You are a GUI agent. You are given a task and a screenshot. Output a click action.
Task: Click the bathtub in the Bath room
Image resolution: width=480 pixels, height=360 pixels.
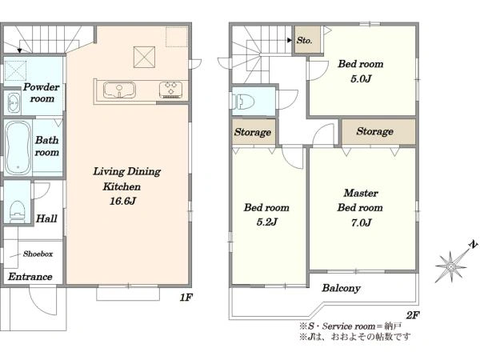tap(18, 148)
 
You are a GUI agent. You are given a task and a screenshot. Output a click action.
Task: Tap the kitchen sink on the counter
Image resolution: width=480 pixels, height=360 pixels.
tap(119, 90)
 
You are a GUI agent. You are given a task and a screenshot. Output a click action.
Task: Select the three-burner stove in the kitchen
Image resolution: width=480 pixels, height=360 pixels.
tap(171, 90)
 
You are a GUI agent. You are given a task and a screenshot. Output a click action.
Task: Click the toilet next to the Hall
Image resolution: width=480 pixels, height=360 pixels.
tap(17, 211)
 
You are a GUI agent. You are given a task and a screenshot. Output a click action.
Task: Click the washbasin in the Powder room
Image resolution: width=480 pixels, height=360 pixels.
tap(13, 102)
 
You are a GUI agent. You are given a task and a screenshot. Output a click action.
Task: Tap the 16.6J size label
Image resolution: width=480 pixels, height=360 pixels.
tap(122, 201)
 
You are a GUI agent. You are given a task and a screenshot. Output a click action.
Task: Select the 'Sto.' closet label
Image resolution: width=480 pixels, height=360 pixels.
tap(304, 40)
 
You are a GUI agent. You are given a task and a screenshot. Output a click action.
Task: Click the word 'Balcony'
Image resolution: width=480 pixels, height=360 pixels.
tap(341, 288)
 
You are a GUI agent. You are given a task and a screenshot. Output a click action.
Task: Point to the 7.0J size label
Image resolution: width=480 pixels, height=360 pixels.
tap(362, 222)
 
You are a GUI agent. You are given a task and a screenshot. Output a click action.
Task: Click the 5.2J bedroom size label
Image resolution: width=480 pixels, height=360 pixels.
tap(267, 222)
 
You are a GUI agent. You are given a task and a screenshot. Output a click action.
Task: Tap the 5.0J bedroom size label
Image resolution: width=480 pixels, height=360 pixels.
tap(361, 78)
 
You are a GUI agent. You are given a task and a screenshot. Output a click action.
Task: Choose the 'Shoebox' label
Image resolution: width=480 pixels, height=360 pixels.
tap(38, 254)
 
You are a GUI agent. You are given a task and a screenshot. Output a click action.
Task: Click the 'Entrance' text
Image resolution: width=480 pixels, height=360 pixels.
tap(30, 277)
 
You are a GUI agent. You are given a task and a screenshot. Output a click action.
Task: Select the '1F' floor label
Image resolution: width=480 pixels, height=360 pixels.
tap(186, 297)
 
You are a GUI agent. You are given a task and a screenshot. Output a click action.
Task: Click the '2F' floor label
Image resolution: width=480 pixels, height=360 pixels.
tap(413, 314)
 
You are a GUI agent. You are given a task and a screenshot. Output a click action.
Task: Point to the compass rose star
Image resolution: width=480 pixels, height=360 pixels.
tap(451, 267)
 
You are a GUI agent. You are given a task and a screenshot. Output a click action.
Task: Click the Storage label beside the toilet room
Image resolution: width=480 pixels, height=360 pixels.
tap(253, 132)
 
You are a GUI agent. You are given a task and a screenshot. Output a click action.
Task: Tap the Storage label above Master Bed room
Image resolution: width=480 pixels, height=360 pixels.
tap(374, 131)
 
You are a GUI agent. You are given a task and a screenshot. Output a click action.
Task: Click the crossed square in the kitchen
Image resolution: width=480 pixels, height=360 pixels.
tap(144, 57)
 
